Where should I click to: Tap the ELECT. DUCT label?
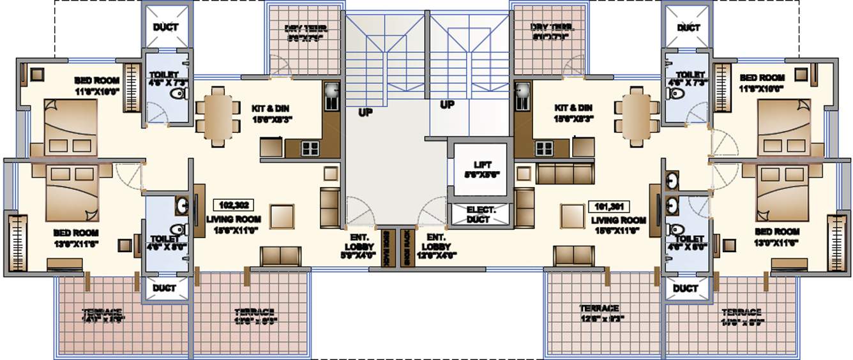coord(478,214)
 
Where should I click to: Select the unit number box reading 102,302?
coord(234,205)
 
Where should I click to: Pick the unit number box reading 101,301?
coord(608,206)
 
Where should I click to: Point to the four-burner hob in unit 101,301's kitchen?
coord(544,148)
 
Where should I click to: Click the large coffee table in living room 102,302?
coord(282,216)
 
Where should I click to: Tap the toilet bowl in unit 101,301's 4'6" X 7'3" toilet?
coord(672,94)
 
